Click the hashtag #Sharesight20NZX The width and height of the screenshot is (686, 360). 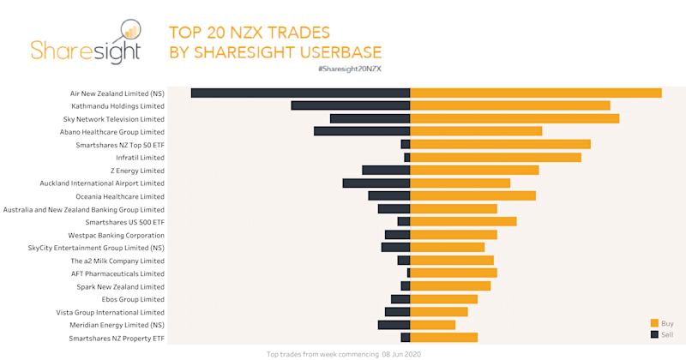(x=350, y=68)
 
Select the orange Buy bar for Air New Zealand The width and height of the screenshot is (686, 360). (x=536, y=93)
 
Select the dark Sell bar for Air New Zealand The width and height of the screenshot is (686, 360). (x=300, y=93)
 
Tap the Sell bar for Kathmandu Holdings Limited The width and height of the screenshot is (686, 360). (x=351, y=105)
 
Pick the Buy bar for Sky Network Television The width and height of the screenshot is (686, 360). (x=514, y=118)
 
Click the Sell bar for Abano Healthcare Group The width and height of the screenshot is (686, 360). (x=362, y=131)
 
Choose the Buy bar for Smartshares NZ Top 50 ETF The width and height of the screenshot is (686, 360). (x=501, y=145)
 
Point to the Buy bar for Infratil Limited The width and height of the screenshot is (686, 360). (x=496, y=158)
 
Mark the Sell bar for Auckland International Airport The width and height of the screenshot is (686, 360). (x=376, y=183)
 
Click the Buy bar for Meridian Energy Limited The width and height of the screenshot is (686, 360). (x=433, y=325)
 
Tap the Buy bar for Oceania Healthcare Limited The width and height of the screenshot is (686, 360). (x=473, y=196)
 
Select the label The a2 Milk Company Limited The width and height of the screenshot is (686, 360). (x=117, y=261)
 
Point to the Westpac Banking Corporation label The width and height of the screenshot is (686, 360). (x=117, y=235)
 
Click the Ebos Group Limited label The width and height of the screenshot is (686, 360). (x=133, y=299)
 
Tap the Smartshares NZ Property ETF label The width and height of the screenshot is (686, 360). (x=117, y=339)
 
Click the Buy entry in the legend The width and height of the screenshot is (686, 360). (x=663, y=323)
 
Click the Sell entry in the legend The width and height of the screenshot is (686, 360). (x=663, y=334)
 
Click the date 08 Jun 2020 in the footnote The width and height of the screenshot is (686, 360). (x=401, y=353)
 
